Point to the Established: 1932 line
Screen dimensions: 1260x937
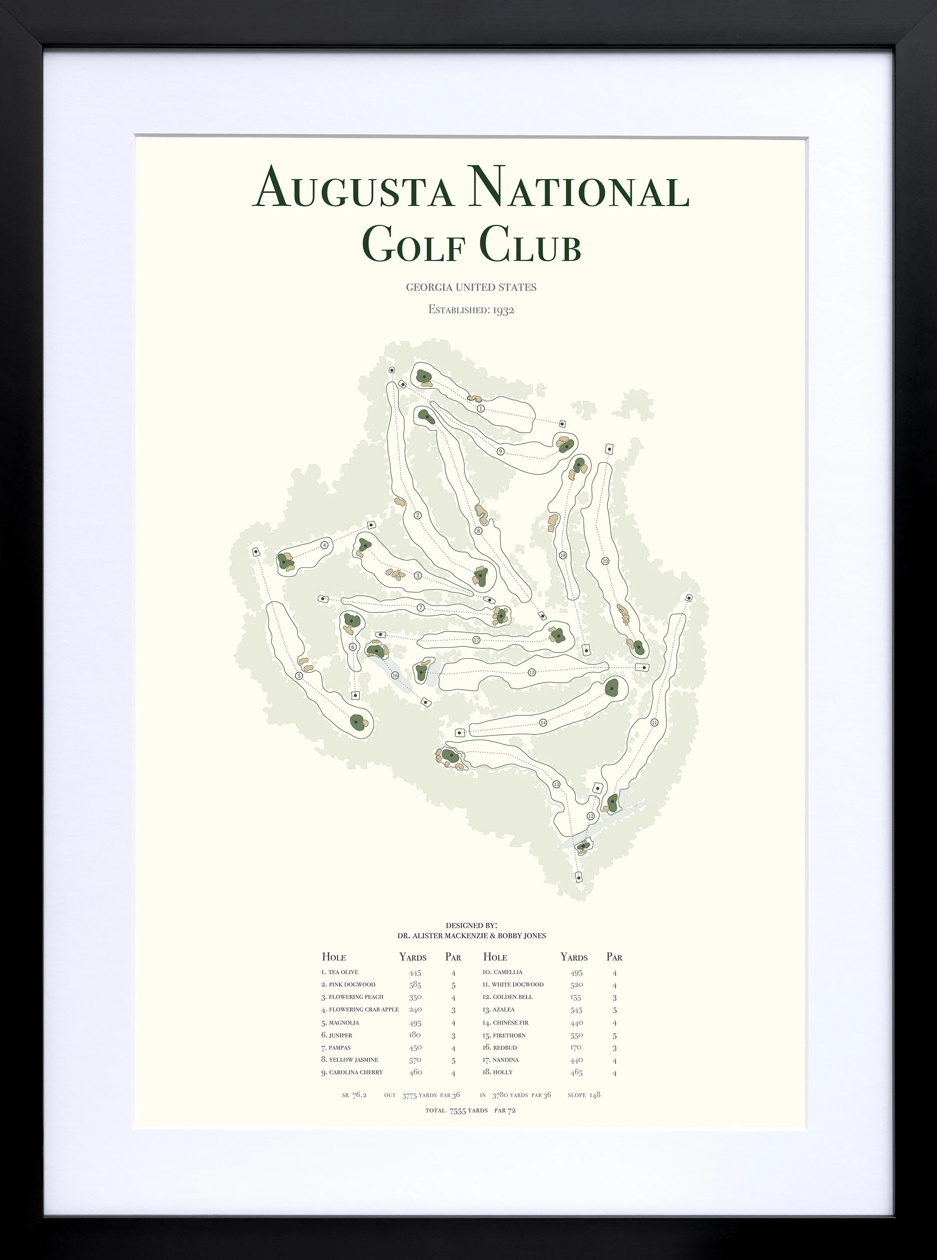tap(471, 310)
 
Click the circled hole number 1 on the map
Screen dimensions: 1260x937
tap(481, 409)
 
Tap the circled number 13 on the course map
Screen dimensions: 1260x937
tap(557, 785)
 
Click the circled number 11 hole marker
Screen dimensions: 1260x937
tap(654, 723)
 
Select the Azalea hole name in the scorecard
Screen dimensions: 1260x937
tap(504, 1010)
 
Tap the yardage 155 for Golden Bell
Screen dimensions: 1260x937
tap(576, 997)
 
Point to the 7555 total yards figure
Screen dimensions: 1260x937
tap(457, 1111)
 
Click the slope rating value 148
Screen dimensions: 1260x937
tap(594, 1095)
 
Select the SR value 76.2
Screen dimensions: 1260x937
tap(359, 1095)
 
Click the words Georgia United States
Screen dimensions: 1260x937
tap(471, 287)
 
